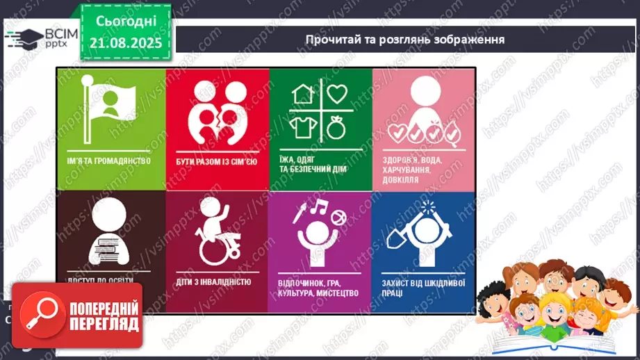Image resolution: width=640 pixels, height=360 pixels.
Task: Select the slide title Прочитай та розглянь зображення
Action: pyautogui.click(x=405, y=39)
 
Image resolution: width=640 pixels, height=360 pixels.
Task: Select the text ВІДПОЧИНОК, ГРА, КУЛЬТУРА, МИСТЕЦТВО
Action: pyautogui.click(x=316, y=288)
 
